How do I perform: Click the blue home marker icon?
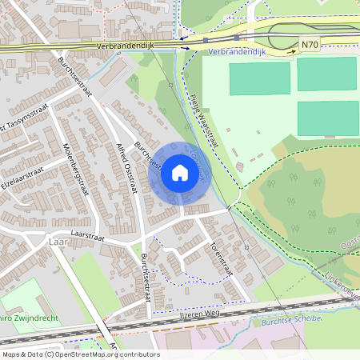point(179,173)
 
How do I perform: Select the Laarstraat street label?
point(89,237)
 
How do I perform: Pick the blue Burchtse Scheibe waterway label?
point(291,320)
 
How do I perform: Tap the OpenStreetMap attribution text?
point(80,354)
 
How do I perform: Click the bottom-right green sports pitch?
point(328,118)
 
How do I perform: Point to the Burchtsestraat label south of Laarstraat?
point(146,276)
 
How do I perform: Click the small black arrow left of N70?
point(292,50)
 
